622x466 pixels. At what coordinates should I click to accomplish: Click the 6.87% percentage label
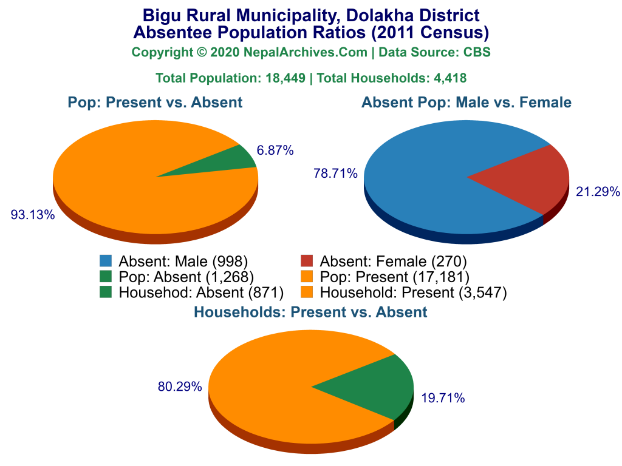(275, 150)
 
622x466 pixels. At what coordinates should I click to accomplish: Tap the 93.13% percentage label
(33, 214)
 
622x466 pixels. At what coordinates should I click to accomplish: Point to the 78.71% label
(335, 174)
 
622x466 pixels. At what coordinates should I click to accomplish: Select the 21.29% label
(598, 192)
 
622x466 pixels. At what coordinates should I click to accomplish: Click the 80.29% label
(180, 386)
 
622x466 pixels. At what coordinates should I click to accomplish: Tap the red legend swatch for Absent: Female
(307, 262)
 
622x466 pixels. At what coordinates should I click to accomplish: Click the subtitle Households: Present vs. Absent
(310, 312)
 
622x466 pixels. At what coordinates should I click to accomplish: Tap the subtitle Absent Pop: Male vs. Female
(466, 103)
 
